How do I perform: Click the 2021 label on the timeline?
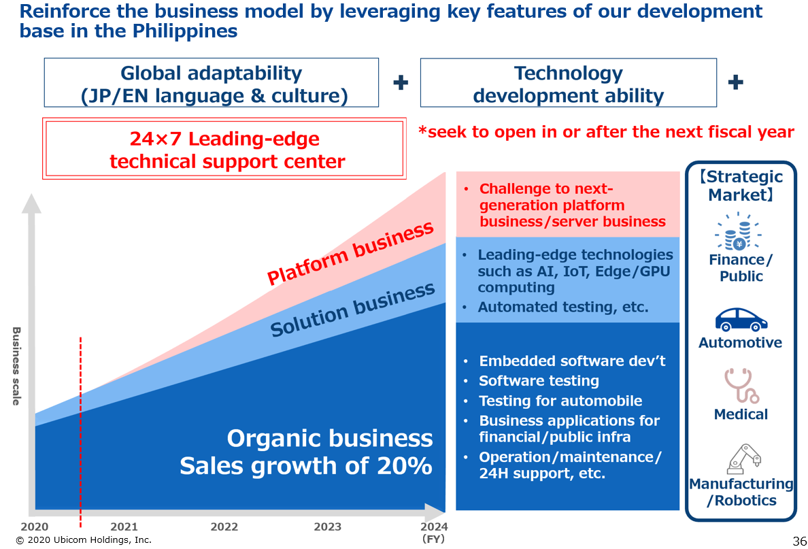pos(124,527)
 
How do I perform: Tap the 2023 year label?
pos(328,527)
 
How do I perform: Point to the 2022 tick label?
pos(224,527)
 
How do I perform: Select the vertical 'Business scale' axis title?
pos(16,366)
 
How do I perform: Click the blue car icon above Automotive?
pos(741,320)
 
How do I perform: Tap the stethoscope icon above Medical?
pos(741,386)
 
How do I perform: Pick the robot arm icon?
pos(743,459)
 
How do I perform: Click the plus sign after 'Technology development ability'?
pos(735,82)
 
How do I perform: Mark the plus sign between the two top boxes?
pos(401,82)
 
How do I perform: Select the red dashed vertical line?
pos(80,432)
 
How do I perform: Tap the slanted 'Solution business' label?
pos(352,310)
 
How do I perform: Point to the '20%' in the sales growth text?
pos(405,466)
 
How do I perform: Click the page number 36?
pos(800,542)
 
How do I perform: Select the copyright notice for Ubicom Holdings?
pos(84,540)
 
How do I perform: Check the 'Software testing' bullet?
pos(539,381)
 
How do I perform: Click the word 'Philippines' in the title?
pos(185,31)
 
